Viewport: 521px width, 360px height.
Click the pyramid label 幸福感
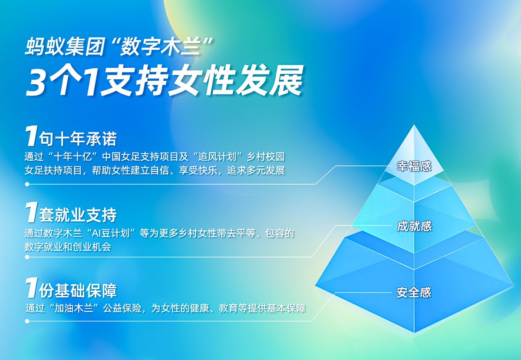414,166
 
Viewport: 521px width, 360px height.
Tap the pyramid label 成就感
414,226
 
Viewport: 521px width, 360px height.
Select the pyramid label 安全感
414,292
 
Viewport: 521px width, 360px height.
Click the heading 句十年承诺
78,140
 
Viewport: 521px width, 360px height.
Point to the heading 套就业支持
78,215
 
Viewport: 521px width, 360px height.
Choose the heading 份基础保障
78,290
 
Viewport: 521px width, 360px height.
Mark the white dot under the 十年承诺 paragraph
27,184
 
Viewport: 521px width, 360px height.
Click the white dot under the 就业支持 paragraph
27,257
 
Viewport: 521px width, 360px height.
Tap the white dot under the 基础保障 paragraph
27,321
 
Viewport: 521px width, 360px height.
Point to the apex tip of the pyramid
414,126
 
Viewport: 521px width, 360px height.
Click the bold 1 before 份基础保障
31,289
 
